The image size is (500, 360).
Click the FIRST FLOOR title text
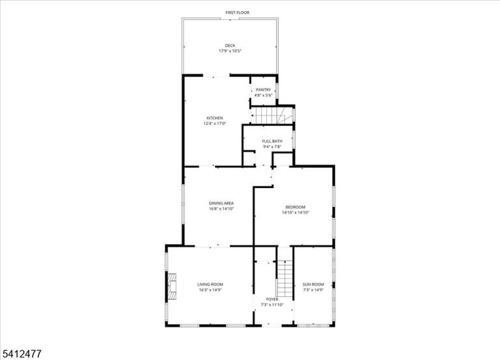tap(237, 12)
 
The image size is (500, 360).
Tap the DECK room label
tap(230, 46)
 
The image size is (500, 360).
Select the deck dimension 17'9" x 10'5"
tap(230, 51)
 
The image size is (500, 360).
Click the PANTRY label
tap(264, 90)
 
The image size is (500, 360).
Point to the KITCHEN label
tap(215, 118)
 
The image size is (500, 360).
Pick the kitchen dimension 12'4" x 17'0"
tap(215, 124)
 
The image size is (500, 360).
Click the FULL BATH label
tap(272, 141)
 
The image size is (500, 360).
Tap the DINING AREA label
tap(221, 204)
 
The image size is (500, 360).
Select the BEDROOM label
tap(296, 207)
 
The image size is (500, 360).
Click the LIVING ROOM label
tap(210, 284)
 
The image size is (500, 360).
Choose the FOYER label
tap(272, 299)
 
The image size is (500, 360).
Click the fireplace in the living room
tap(172, 286)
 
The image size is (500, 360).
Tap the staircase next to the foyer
tap(285, 279)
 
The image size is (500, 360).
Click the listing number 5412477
tap(21, 353)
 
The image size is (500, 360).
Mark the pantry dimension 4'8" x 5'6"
tap(264, 95)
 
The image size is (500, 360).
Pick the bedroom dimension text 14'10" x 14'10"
tap(296, 212)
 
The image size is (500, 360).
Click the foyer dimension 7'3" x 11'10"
tap(272, 305)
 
